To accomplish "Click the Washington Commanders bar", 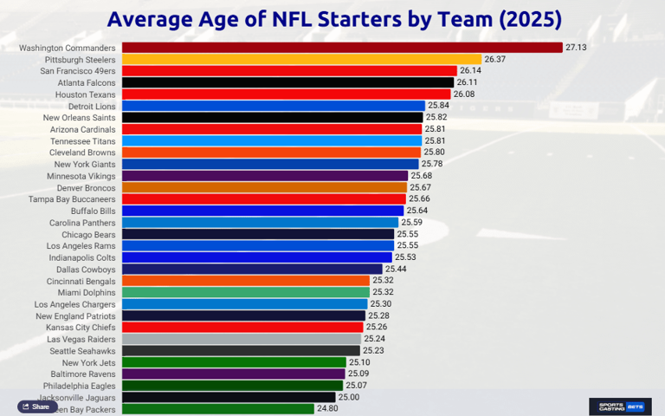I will point(342,48).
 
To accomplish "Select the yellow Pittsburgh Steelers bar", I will point(301,59).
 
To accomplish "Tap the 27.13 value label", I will point(576,48).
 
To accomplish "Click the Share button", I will point(36,406).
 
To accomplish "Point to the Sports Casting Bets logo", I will point(620,406).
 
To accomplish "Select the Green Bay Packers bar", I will point(217,409).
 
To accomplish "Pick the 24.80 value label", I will point(327,409).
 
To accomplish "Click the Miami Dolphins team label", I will point(87,293).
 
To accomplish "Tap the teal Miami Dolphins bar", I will point(245,293).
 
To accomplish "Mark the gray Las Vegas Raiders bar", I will point(242,339).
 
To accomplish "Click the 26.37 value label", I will point(495,59).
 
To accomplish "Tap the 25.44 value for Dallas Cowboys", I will point(396,270).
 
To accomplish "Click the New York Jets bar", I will point(234,362).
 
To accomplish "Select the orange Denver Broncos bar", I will point(264,187).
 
